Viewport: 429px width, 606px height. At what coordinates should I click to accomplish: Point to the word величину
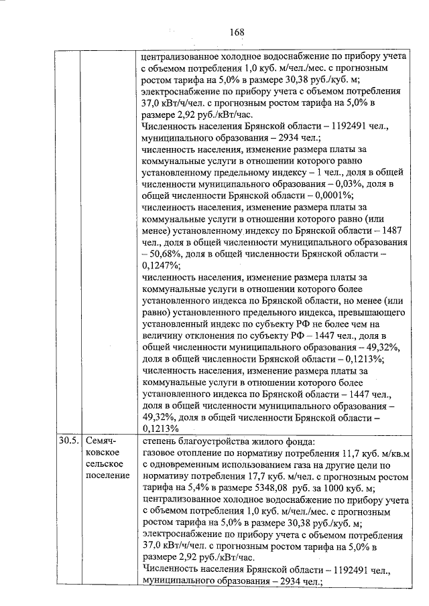pyautogui.click(x=164, y=336)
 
